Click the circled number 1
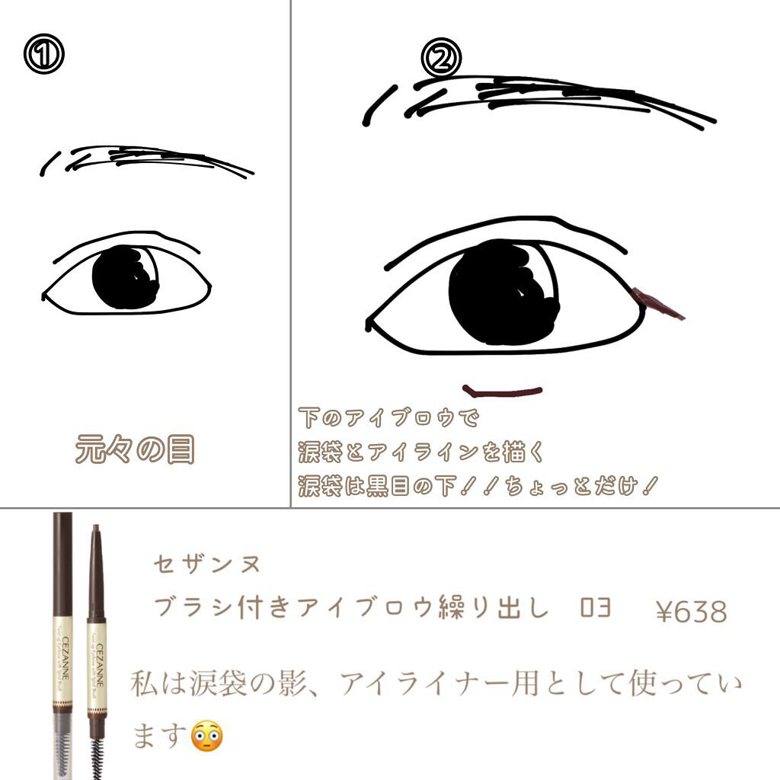[43, 56]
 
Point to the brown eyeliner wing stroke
[659, 302]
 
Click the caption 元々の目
[135, 450]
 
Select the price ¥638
[691, 611]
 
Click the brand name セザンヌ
[206, 564]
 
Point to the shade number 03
[595, 609]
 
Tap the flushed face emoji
[207, 735]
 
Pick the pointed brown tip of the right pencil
[95, 531]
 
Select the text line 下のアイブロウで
[389, 418]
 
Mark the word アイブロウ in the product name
[395, 609]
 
